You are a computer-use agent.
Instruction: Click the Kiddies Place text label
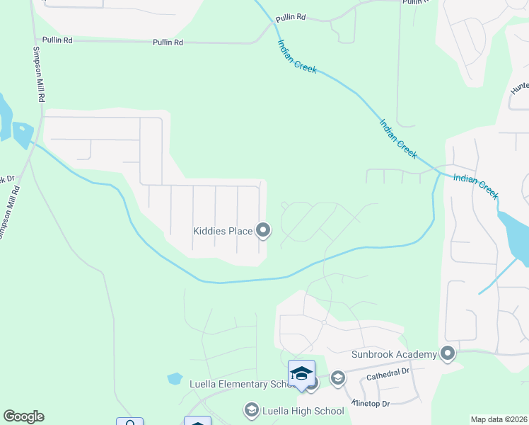point(223,230)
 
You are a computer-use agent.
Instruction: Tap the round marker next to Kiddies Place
point(263,229)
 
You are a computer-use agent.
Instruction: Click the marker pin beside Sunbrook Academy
point(447,353)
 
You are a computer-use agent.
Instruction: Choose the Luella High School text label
point(293,410)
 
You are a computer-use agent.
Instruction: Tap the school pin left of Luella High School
point(251,409)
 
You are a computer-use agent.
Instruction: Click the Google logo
point(23,416)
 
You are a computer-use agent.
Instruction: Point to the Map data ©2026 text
point(498,419)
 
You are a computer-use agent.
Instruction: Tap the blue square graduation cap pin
point(301,374)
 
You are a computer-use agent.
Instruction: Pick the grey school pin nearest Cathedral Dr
point(337,378)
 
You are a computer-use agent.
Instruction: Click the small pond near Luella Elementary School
point(175,378)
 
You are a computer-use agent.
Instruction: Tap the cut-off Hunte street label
point(520,88)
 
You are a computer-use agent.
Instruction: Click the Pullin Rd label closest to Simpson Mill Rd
point(58,40)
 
